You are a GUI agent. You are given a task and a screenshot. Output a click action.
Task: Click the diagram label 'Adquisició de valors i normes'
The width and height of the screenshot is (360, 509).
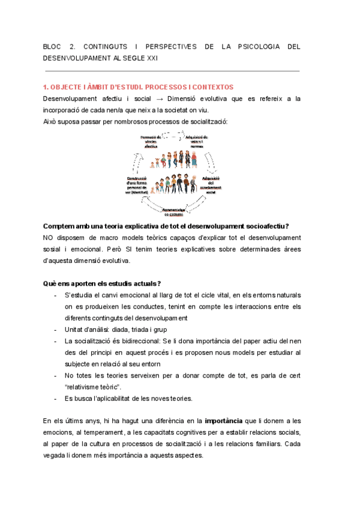pyautogui.click(x=213, y=142)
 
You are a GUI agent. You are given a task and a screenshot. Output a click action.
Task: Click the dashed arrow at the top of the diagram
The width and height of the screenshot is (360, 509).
pyautogui.click(x=174, y=136)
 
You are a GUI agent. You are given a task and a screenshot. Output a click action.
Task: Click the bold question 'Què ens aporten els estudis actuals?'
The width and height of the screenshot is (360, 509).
pyautogui.click(x=102, y=283)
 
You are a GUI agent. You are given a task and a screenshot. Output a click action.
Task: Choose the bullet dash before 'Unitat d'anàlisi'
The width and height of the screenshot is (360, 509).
pyautogui.click(x=56, y=330)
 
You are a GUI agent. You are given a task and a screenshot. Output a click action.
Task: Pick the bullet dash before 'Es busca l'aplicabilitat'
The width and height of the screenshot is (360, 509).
pyautogui.click(x=56, y=399)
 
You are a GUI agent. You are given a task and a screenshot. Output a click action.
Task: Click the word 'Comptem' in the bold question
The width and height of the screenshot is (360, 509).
pyautogui.click(x=61, y=226)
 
